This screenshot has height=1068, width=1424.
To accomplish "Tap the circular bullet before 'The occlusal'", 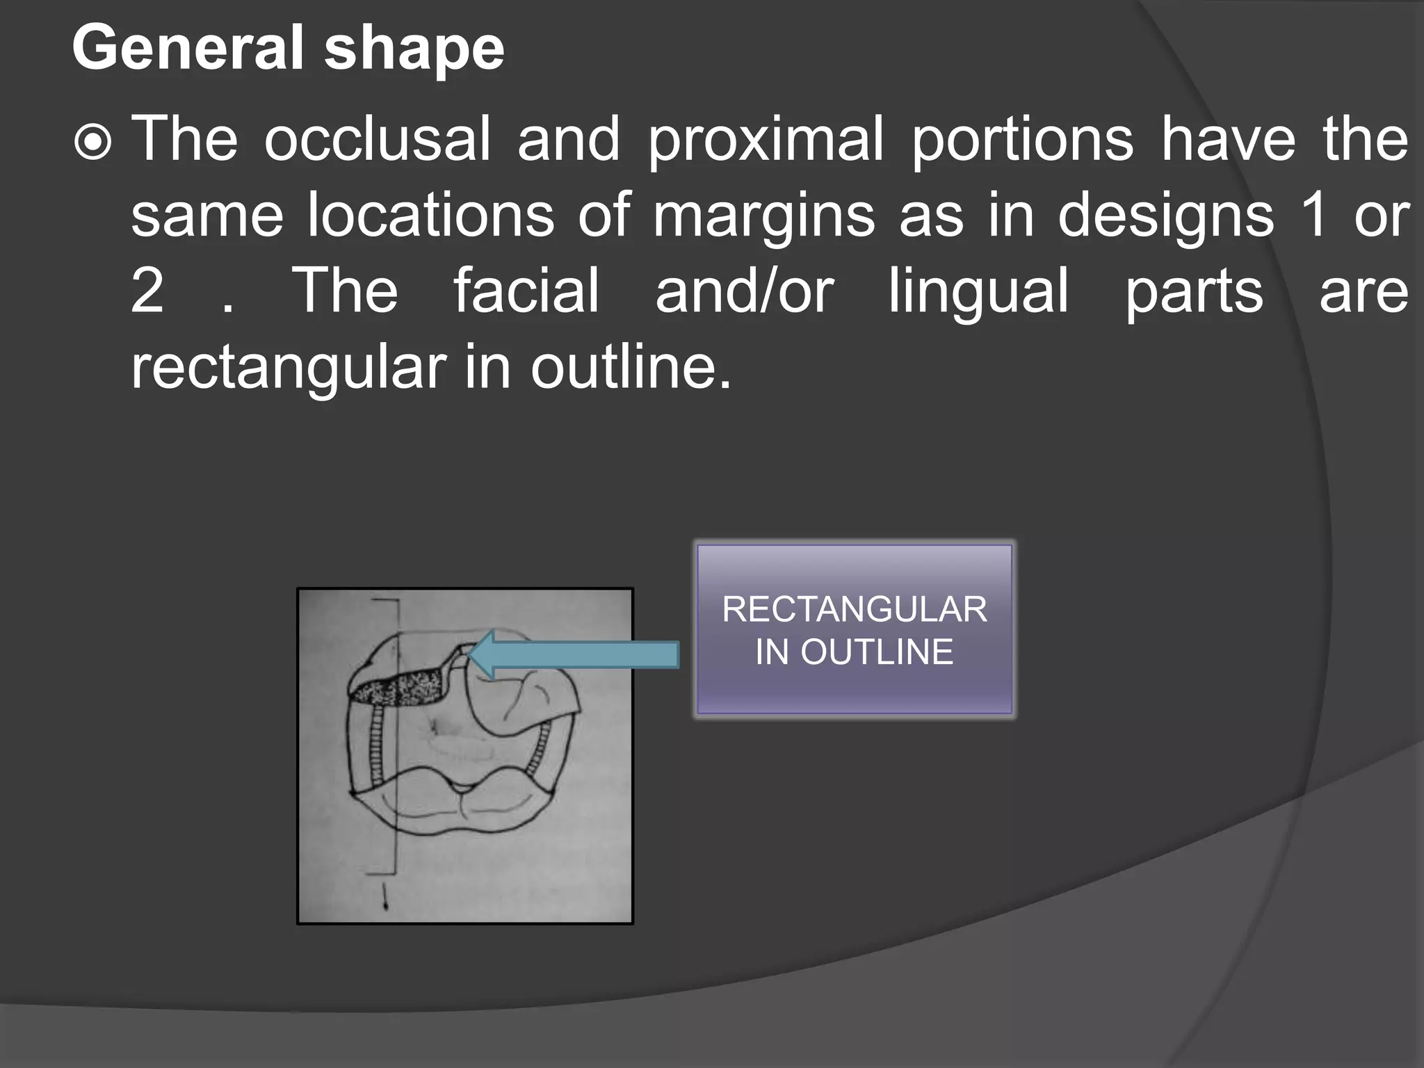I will pos(92,143).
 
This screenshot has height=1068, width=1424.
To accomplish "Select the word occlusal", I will pos(378,140).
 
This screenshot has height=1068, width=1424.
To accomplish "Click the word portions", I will pos(1022,140).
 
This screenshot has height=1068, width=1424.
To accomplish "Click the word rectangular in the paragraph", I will pos(289,369).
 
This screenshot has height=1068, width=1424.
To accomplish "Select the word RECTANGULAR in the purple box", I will pos(855,610).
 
